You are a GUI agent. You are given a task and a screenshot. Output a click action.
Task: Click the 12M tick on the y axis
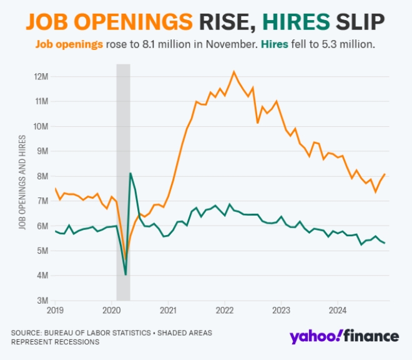pos(42,76)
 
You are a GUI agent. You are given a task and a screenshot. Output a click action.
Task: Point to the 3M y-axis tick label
pos(43,301)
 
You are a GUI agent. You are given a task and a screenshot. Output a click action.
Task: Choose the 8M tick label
pos(43,176)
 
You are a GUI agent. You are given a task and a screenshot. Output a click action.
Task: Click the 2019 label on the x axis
pos(55,310)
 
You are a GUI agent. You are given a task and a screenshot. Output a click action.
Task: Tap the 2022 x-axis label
pos(225,310)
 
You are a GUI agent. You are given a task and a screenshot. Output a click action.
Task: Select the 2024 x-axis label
pos(338,310)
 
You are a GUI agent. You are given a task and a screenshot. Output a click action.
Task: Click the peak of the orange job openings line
pos(234,71)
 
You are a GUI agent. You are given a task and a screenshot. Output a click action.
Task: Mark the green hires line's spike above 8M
pos(130,173)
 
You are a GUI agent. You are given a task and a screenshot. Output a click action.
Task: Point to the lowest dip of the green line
pos(125,274)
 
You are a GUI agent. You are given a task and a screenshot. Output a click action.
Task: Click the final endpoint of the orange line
pos(385,174)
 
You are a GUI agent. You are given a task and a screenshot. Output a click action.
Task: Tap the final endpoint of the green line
pos(385,243)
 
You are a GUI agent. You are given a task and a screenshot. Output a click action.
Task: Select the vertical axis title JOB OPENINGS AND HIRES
pos(22,182)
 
